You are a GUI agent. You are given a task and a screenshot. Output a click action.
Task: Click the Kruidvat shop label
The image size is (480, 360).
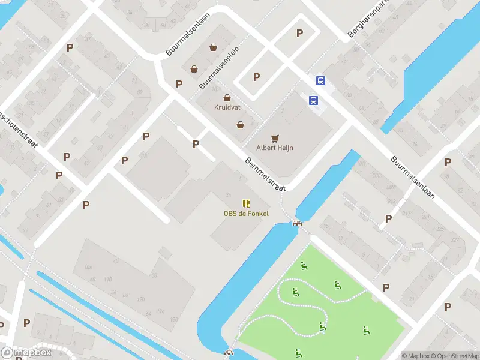tap(227, 107)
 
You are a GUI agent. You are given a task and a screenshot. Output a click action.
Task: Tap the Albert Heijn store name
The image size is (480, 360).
tap(275, 148)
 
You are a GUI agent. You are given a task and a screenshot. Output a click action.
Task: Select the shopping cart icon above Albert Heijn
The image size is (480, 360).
tap(275, 138)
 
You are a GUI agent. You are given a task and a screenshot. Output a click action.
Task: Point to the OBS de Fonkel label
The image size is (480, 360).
tap(246, 214)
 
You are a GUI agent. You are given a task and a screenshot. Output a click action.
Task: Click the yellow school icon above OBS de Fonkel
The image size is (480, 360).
tap(246, 203)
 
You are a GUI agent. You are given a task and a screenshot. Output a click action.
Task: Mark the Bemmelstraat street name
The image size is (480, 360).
tap(265, 174)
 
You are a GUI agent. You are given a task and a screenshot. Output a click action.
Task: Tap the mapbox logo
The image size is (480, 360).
tap(25, 352)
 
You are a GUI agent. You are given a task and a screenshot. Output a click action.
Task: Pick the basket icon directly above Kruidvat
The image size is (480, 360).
tap(227, 97)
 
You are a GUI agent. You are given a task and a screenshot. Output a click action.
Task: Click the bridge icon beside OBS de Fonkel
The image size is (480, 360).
tap(296, 223)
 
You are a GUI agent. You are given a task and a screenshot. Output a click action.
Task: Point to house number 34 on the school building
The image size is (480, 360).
tap(228, 195)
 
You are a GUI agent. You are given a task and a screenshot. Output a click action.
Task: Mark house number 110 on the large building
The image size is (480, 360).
tap(108, 280)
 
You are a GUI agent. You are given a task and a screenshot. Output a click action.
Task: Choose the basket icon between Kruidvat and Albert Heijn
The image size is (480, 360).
tap(240, 125)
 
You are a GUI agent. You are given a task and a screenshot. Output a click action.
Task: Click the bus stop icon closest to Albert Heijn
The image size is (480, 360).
tap(313, 101)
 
